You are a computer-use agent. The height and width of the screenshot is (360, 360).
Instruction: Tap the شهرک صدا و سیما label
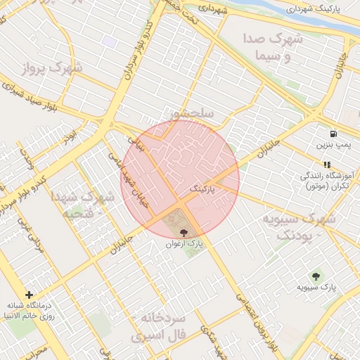274,46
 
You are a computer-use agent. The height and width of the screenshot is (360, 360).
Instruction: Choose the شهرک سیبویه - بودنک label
296,226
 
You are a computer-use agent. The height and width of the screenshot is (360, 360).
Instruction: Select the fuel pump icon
332,133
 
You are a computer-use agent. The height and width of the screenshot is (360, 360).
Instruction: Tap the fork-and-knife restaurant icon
326,164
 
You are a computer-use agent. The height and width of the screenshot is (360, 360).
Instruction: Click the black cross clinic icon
29,295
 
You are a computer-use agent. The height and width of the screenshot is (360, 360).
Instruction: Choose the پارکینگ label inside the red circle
202,188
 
